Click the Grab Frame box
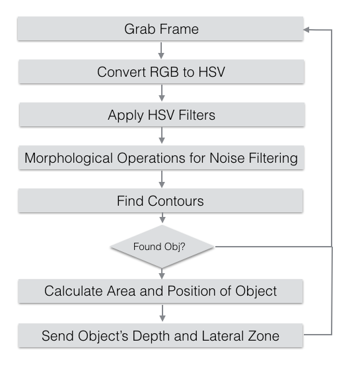161,28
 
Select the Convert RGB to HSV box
161,71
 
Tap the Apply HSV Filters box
162,114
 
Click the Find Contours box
161,201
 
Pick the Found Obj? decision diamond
162,247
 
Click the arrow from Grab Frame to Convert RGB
161,50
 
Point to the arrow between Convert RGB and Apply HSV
162,93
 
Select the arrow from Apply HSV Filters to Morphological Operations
162,136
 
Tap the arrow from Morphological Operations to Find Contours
162,179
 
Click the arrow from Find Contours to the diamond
162,218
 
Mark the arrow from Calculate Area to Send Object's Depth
162,313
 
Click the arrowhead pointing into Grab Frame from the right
306,30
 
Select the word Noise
227,158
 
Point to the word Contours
176,201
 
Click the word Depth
151,336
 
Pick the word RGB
164,71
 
